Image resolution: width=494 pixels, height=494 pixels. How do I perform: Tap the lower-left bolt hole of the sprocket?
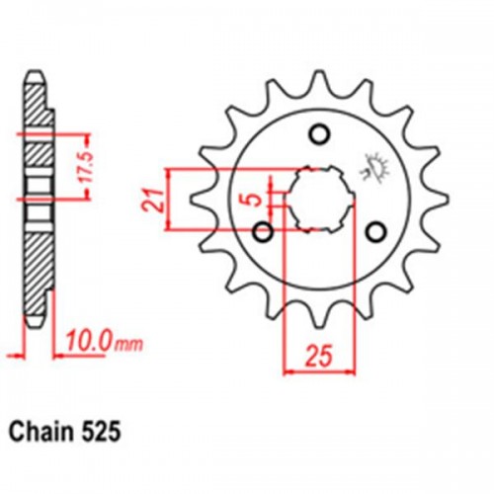(263, 232)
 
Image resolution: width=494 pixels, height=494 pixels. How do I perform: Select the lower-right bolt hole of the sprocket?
(374, 232)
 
